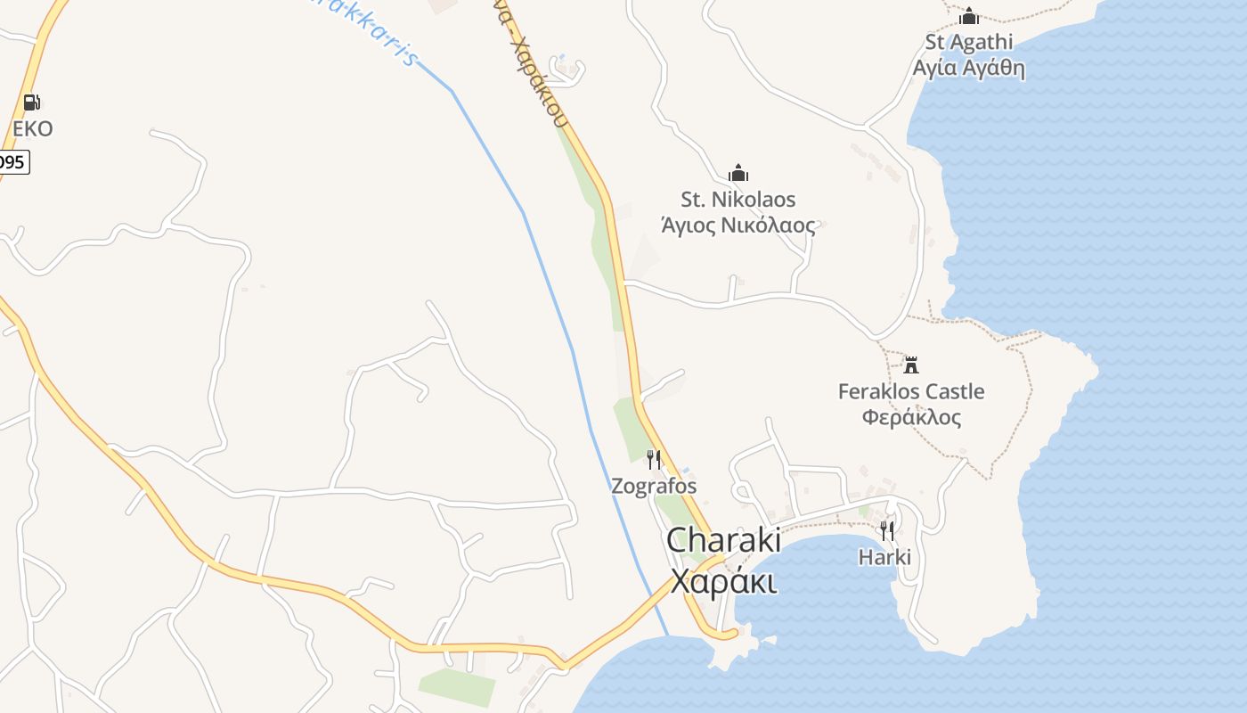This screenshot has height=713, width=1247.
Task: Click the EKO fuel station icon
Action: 31,102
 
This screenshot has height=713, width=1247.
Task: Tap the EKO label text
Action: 33,129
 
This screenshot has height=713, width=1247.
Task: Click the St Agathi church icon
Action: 969,16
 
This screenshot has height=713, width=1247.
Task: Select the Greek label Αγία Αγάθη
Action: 969,69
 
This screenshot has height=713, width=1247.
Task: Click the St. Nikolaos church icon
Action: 738,173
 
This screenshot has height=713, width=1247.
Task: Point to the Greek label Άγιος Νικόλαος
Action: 738,225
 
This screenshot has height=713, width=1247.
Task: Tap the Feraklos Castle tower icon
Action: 911,365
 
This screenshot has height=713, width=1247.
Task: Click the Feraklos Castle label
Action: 911,391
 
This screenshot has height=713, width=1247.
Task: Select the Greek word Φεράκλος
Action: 911,417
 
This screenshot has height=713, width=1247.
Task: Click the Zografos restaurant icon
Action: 654,460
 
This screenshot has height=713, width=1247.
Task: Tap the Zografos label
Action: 654,487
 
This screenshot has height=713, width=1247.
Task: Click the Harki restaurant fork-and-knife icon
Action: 887,531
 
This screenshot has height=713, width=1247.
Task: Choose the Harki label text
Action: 884,557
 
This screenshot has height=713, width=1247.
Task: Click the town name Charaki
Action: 723,540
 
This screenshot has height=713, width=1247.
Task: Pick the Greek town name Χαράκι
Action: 723,582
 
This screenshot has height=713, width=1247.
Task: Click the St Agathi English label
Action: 969,42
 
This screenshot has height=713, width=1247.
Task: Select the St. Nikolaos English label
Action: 738,199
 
